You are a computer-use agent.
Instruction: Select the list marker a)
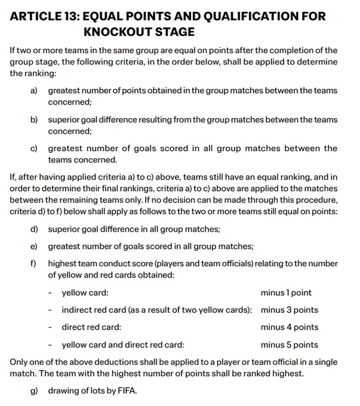[x=34, y=91]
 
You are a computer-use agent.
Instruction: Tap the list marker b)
[x=34, y=120]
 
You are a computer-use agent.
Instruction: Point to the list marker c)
[x=34, y=149]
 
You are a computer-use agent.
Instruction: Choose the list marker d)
[x=34, y=229]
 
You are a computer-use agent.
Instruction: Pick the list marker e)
[x=34, y=247]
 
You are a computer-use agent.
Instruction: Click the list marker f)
[x=34, y=264]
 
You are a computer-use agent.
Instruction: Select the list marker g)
[x=34, y=391]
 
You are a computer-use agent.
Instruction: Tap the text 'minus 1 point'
[x=286, y=293]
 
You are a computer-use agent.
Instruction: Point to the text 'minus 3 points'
[x=290, y=310]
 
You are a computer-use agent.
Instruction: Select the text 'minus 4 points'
[x=290, y=327]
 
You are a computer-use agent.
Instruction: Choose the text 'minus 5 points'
[x=290, y=345]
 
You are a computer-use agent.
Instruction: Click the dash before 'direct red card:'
[x=51, y=327]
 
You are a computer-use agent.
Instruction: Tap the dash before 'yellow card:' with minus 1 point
[x=51, y=293]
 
